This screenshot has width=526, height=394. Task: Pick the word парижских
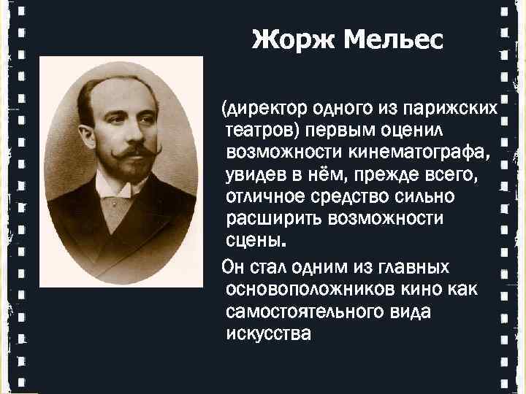(x=454, y=109)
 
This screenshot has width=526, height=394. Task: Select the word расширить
(x=267, y=219)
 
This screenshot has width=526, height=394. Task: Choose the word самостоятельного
(x=307, y=312)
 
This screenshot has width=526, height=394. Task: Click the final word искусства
(x=268, y=334)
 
